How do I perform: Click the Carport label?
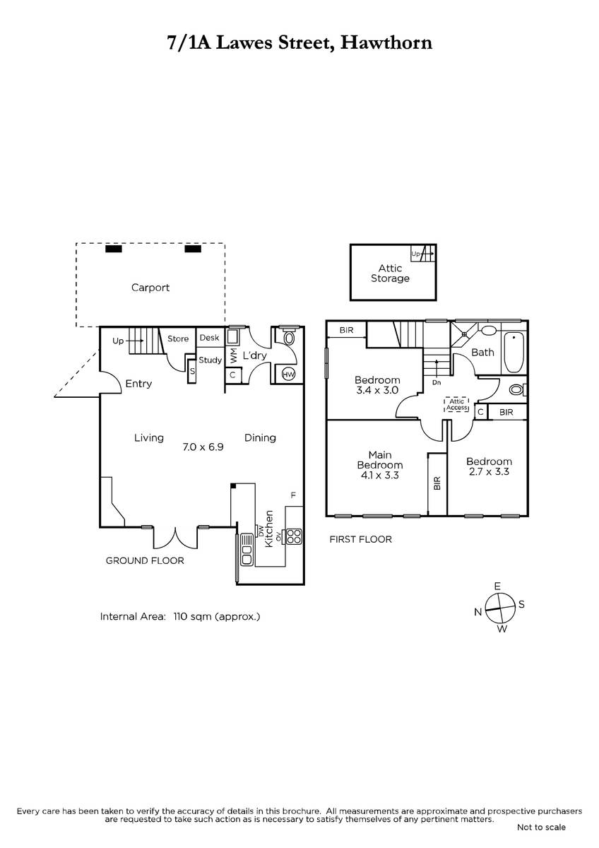coord(150,288)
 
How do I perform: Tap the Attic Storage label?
coord(390,273)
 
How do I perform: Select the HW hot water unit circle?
coord(289,375)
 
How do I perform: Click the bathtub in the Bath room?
coord(514,353)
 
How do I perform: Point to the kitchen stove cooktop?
coord(294,536)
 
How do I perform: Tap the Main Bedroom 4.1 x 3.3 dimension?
coord(379,475)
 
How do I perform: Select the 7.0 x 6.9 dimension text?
coord(203,447)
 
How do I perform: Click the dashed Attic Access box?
coord(457,404)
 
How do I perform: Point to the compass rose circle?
coord(500,608)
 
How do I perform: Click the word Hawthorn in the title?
coord(386,42)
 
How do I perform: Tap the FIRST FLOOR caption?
coord(361,539)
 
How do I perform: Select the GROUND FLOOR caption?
coord(145,560)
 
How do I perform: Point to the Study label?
coord(210,360)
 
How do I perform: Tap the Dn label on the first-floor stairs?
coord(437,382)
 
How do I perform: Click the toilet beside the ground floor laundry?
coord(290,338)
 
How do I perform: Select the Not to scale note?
coord(541,838)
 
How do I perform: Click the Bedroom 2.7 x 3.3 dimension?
coord(489,472)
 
